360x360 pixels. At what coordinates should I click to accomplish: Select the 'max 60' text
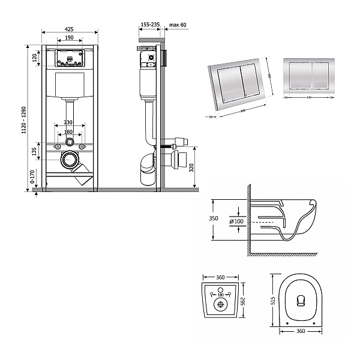pyautogui.click(x=178, y=25)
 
